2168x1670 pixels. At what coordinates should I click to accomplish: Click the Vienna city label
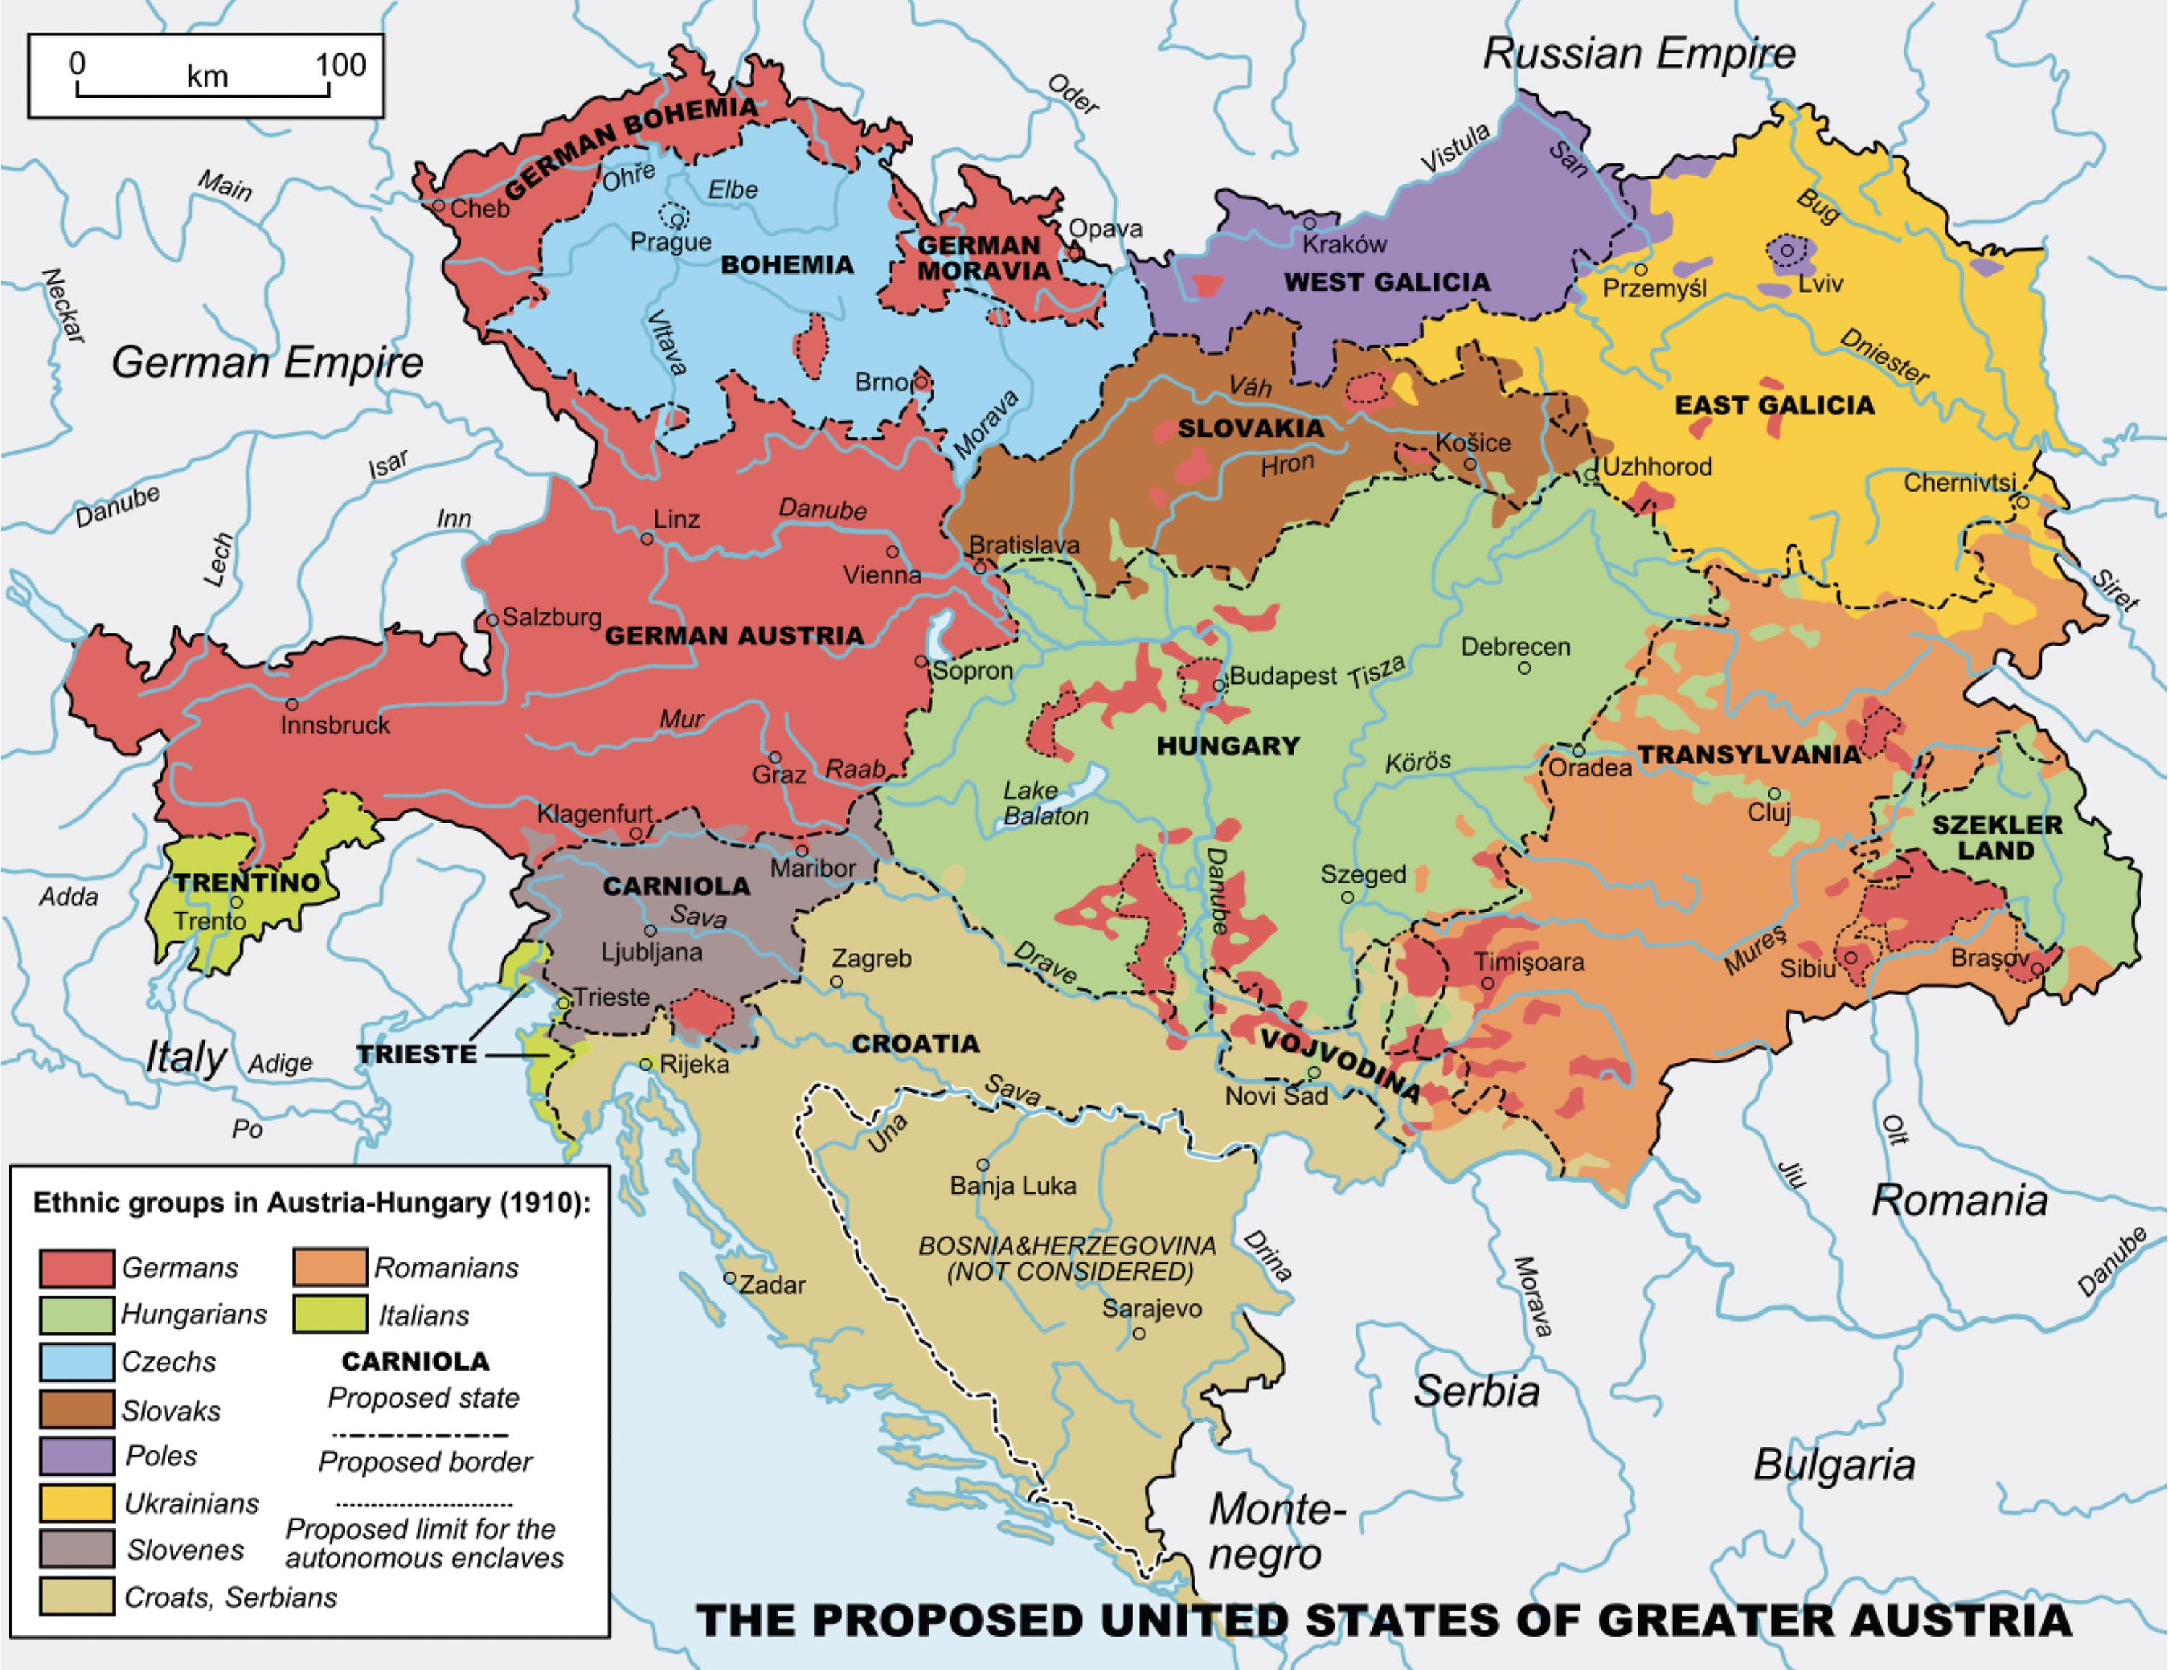click(x=882, y=575)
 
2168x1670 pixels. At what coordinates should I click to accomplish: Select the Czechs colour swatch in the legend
click(x=77, y=1361)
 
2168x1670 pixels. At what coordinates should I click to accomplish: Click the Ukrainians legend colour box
click(x=77, y=1503)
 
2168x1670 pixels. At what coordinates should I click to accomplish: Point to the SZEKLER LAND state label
click(x=1996, y=837)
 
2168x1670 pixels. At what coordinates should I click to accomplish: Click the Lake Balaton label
click(x=1045, y=803)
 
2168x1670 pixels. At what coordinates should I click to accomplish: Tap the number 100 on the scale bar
click(x=340, y=66)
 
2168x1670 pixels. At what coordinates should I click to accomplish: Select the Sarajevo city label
click(x=1151, y=1309)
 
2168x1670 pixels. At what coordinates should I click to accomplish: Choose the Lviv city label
click(x=1820, y=284)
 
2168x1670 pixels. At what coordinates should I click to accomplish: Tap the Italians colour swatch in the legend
click(x=330, y=1314)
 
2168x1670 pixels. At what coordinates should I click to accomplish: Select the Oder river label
click(x=1074, y=96)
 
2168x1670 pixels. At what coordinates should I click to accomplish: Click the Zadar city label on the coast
click(x=773, y=1285)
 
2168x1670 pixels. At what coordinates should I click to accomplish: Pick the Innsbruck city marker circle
click(x=292, y=704)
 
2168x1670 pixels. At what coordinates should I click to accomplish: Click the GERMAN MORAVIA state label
click(x=983, y=258)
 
